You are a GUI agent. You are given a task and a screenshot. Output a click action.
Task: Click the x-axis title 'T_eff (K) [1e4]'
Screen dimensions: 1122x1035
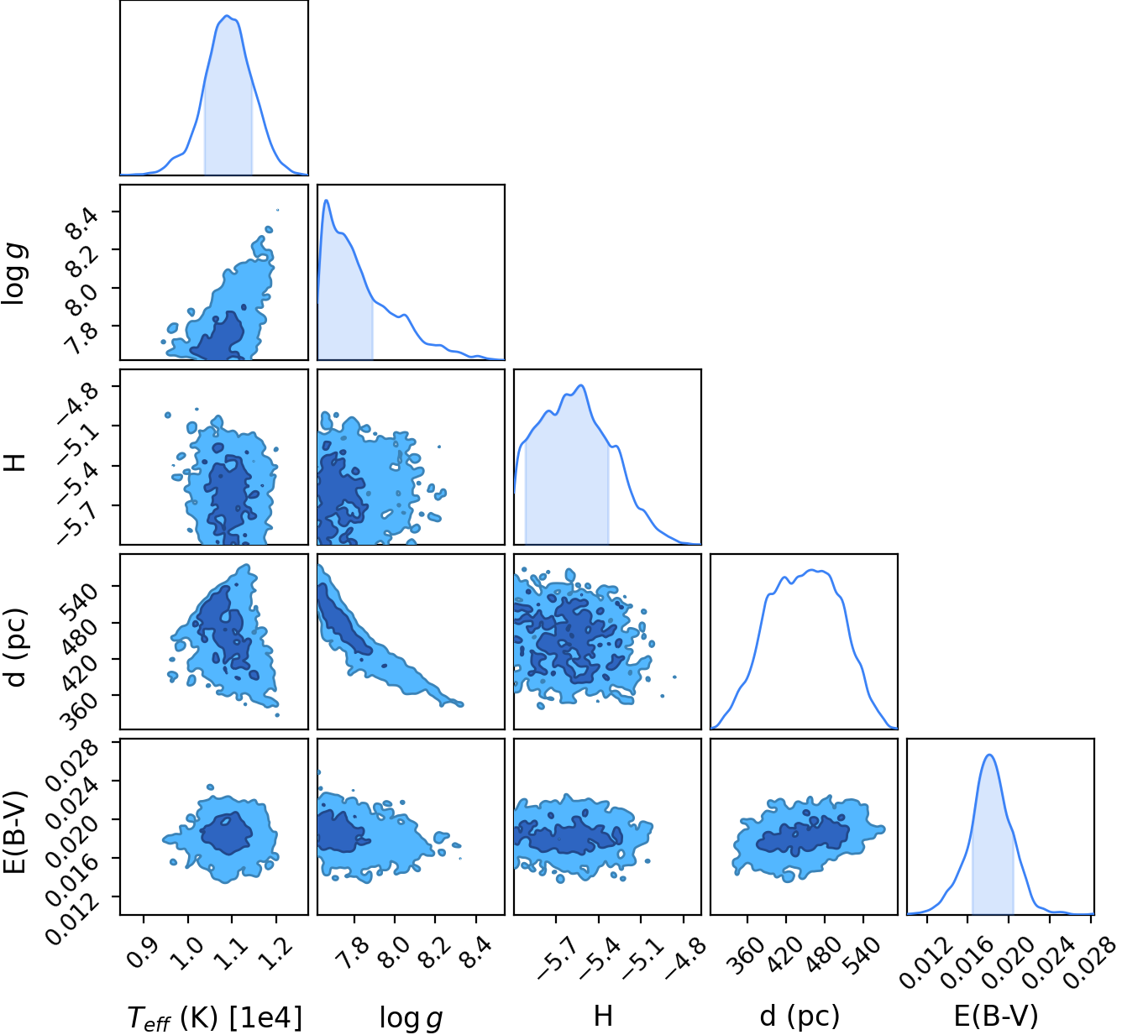(215, 1017)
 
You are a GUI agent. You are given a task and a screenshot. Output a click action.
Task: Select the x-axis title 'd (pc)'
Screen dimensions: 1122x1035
(800, 1016)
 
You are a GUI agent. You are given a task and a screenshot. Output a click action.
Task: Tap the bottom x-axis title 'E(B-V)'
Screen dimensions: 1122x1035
(996, 1016)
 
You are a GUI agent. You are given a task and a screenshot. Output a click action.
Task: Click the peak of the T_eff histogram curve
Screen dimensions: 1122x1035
(226, 16)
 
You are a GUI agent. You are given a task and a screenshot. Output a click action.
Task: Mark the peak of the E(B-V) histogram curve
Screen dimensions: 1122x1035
(990, 755)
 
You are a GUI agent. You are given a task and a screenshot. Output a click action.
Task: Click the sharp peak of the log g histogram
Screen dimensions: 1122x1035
(326, 200)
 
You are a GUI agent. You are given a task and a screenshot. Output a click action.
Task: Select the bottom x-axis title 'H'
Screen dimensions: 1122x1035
(603, 1016)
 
